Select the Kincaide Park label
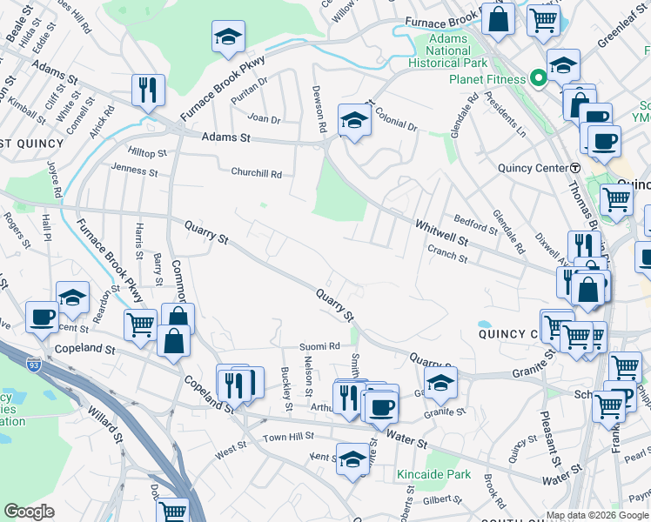click(x=433, y=474)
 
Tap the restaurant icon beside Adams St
click(x=148, y=90)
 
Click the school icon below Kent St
click(x=352, y=460)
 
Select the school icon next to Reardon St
click(x=73, y=298)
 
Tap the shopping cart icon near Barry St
click(x=141, y=325)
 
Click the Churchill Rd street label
click(x=256, y=173)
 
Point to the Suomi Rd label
click(x=319, y=346)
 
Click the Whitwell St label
click(x=441, y=231)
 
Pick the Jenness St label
click(x=134, y=171)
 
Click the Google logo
click(x=29, y=512)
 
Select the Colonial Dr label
click(x=396, y=127)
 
